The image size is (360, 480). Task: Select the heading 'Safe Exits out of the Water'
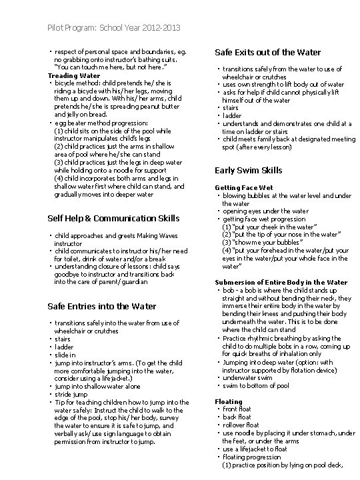(267, 52)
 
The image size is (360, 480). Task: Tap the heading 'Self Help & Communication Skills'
(114, 218)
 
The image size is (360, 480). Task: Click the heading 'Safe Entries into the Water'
(102, 306)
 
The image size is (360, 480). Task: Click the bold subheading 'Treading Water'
(73, 76)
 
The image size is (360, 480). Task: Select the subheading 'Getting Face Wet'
(244, 187)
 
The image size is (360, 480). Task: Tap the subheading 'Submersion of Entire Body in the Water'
(281, 282)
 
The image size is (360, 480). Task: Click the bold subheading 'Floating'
(229, 401)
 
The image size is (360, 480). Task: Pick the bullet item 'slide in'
(65, 355)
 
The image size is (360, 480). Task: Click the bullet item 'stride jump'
(70, 393)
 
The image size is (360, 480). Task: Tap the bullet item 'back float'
(237, 416)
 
